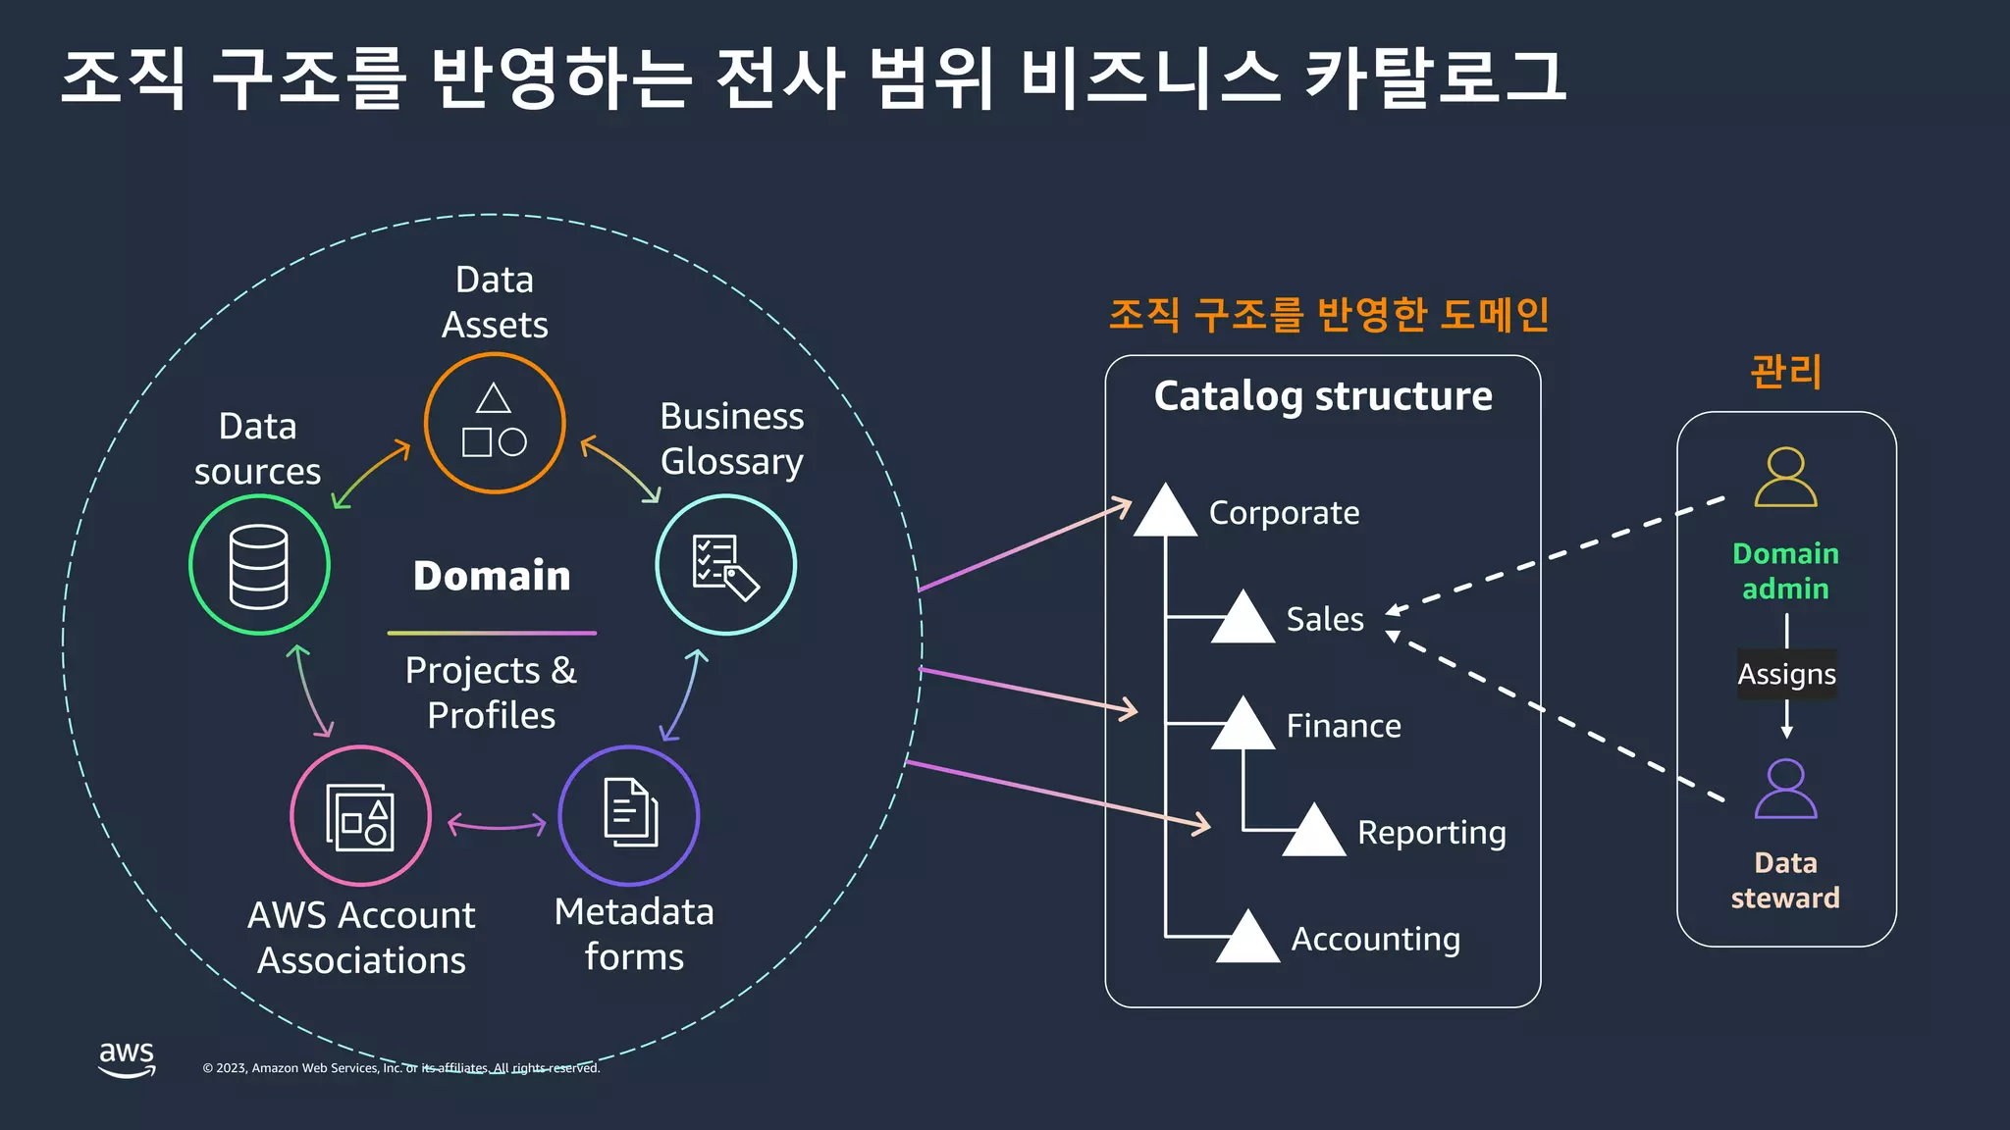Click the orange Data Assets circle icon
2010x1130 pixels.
pos(495,423)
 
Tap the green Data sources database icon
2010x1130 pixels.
pos(259,565)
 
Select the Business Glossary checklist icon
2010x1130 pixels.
pos(725,565)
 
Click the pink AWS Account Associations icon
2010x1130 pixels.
pos(360,816)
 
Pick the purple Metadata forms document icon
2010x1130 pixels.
pos(629,816)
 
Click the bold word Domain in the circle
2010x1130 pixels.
pos(492,576)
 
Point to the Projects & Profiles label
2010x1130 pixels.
pos(492,693)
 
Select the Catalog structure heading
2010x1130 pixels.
pos(1323,396)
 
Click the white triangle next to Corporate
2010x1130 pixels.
pos(1165,513)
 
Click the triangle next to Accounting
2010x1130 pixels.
pos(1247,939)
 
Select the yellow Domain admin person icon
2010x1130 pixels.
pos(1785,478)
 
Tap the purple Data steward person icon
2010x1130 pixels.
pos(1785,789)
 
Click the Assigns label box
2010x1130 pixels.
pos(1786,675)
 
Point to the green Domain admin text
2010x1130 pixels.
pos(1785,571)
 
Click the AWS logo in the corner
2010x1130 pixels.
pos(127,1059)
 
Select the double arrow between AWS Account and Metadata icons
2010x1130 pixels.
pos(497,825)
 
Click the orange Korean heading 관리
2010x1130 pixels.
pos(1785,372)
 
